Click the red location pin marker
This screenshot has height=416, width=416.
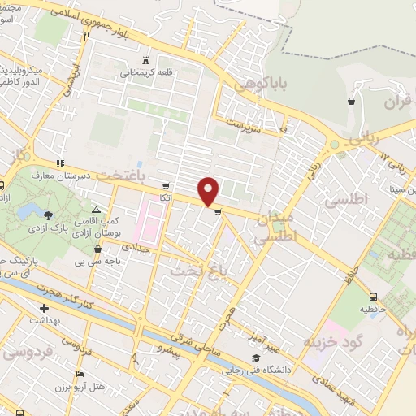pyautogui.click(x=209, y=191)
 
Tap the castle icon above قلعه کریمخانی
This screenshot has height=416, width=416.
pyautogui.click(x=145, y=59)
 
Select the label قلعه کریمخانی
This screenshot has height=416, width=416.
pyautogui.click(x=146, y=73)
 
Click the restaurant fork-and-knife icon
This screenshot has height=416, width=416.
pyautogui.click(x=85, y=36)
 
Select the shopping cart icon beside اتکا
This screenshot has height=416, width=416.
pyautogui.click(x=167, y=185)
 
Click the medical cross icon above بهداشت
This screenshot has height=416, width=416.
pyautogui.click(x=45, y=308)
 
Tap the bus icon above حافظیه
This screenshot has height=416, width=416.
pyautogui.click(x=373, y=297)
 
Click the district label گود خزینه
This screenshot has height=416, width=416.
pyautogui.click(x=330, y=341)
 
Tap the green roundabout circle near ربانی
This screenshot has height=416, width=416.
pyautogui.click(x=332, y=145)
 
